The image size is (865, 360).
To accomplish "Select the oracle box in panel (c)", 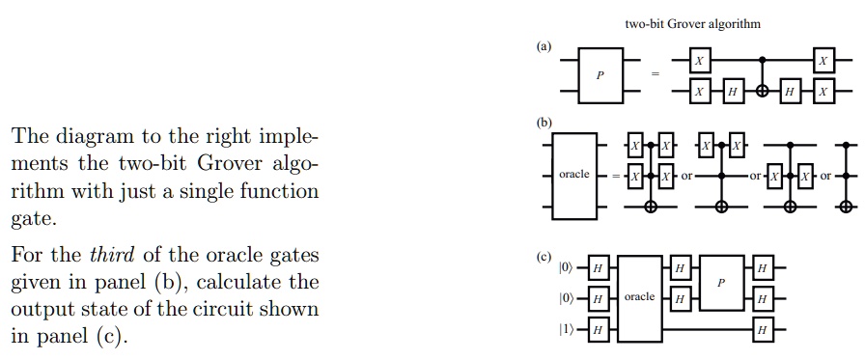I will pyautogui.click(x=640, y=297).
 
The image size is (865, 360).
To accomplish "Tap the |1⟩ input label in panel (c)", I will pyautogui.click(x=566, y=330).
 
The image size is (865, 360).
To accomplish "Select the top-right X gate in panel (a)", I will pyautogui.click(x=823, y=62).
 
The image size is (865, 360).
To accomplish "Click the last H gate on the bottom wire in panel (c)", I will pyautogui.click(x=763, y=330).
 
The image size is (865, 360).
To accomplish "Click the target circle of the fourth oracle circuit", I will pyautogui.click(x=847, y=207).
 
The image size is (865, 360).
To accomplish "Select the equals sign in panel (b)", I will pyautogui.click(x=615, y=177).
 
